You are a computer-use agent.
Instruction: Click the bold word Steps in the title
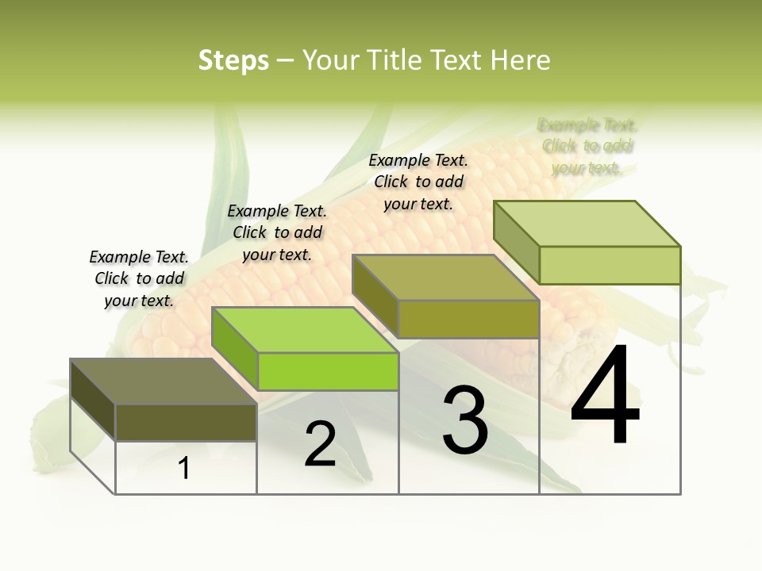[233, 60]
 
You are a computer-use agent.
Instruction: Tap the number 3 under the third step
[465, 420]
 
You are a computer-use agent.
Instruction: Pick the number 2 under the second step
[320, 443]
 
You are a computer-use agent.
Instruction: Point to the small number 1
[184, 469]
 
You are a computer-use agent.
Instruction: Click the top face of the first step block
[163, 381]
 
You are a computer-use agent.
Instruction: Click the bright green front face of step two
[328, 371]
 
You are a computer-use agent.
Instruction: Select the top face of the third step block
[445, 278]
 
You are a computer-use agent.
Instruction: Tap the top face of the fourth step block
[587, 224]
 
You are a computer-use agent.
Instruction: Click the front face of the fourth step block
[610, 265]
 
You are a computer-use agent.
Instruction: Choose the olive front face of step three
[468, 319]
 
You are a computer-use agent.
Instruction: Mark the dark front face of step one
[186, 422]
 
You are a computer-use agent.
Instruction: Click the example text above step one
[139, 278]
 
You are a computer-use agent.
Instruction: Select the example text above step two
[277, 232]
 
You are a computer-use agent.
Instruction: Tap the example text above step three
[418, 182]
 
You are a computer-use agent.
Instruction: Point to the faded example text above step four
[587, 146]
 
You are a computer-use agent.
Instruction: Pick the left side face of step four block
[517, 242]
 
